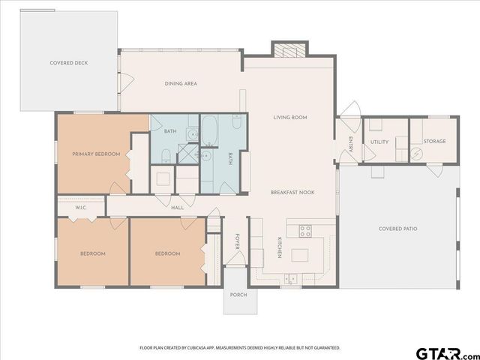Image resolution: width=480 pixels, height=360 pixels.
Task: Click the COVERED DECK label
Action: coord(69,63)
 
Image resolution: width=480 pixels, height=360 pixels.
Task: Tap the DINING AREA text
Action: coord(181,83)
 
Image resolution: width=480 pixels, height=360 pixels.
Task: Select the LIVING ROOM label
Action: coord(289,117)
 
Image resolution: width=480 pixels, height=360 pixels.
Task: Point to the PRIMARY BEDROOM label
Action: coord(96,154)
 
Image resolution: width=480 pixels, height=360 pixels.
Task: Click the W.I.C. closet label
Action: coord(82,208)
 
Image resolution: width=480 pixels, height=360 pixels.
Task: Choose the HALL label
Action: coord(178,208)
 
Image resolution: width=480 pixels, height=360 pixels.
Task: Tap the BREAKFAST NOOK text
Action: coord(292,193)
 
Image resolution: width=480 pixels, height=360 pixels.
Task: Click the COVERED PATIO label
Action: coord(397,228)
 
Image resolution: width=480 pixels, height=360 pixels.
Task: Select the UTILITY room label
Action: coord(379,142)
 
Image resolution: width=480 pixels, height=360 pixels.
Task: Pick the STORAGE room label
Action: coord(434,141)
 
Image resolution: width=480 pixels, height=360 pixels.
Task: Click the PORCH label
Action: coord(238,295)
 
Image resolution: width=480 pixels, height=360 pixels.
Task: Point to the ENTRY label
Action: coord(350,142)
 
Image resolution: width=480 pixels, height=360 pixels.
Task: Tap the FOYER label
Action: coord(238,241)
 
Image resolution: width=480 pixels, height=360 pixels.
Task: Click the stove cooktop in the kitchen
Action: coord(306,230)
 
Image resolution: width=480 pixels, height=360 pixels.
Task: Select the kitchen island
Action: coord(301,255)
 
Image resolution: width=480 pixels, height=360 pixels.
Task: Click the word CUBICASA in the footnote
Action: coord(207,348)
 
